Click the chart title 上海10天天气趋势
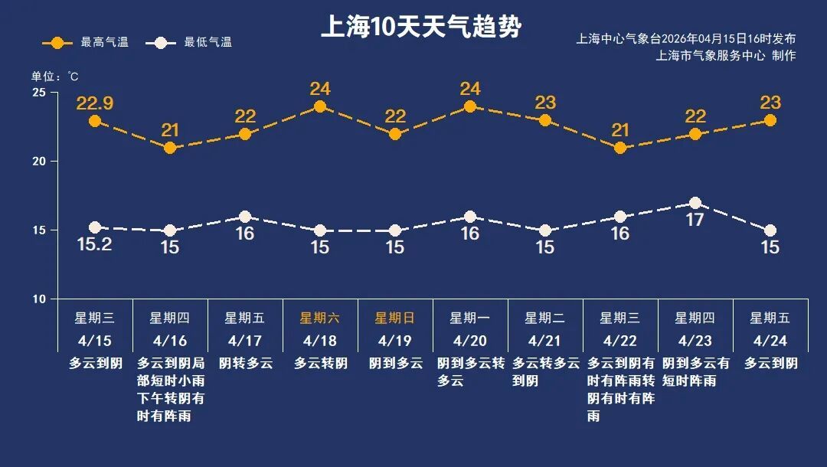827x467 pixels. point(420,27)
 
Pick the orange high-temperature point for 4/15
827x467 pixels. point(95,121)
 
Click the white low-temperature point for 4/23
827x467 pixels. point(695,203)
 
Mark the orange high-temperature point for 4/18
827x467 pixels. point(320,106)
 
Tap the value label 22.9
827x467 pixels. point(95,103)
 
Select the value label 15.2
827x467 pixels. point(95,245)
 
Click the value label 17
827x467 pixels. point(695,220)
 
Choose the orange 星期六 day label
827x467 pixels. point(319,318)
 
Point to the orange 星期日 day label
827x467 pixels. point(394,318)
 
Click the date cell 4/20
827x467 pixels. point(469,340)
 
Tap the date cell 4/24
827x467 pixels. point(770,340)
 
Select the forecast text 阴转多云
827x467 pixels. point(245,363)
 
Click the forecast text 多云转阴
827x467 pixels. point(320,363)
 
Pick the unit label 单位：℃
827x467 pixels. point(54,77)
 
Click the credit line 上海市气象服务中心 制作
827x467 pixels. point(726,56)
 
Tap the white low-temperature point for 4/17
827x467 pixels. point(245,217)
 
